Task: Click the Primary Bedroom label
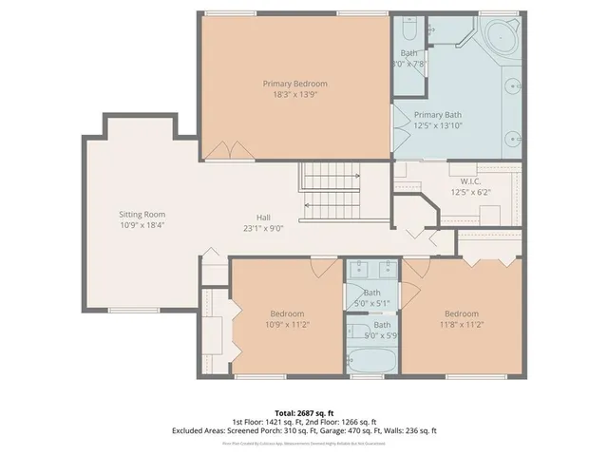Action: (x=294, y=84)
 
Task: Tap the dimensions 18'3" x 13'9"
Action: (x=294, y=95)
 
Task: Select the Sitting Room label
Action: (x=142, y=215)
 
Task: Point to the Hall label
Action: (x=263, y=217)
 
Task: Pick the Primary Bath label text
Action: (x=437, y=114)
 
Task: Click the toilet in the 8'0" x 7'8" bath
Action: (x=409, y=28)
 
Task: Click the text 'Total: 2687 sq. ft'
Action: (x=304, y=412)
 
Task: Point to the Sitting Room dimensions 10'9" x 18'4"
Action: (x=142, y=226)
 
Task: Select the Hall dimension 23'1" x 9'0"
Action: (x=263, y=228)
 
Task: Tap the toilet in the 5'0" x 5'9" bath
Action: (x=354, y=332)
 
